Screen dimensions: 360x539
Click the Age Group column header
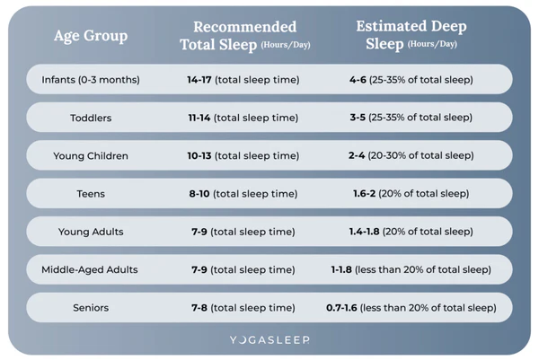[x=91, y=36]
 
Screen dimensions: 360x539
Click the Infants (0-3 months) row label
[x=91, y=79]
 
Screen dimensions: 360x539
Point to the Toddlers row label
[x=91, y=118]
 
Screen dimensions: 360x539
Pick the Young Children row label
[x=91, y=155]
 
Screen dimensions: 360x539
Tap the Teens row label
[x=91, y=193]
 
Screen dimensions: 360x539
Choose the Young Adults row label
[x=91, y=232]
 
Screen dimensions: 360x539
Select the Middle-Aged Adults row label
[x=91, y=269]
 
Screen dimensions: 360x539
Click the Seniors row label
[x=91, y=308]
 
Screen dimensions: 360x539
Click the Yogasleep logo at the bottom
[x=269, y=341]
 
